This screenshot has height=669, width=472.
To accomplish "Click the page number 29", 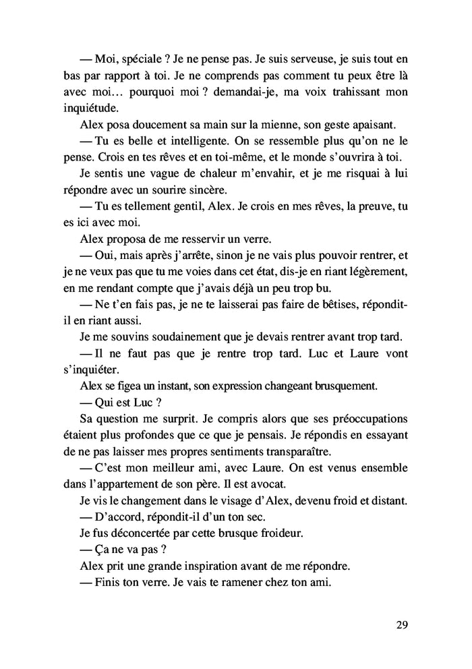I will click(x=401, y=624).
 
